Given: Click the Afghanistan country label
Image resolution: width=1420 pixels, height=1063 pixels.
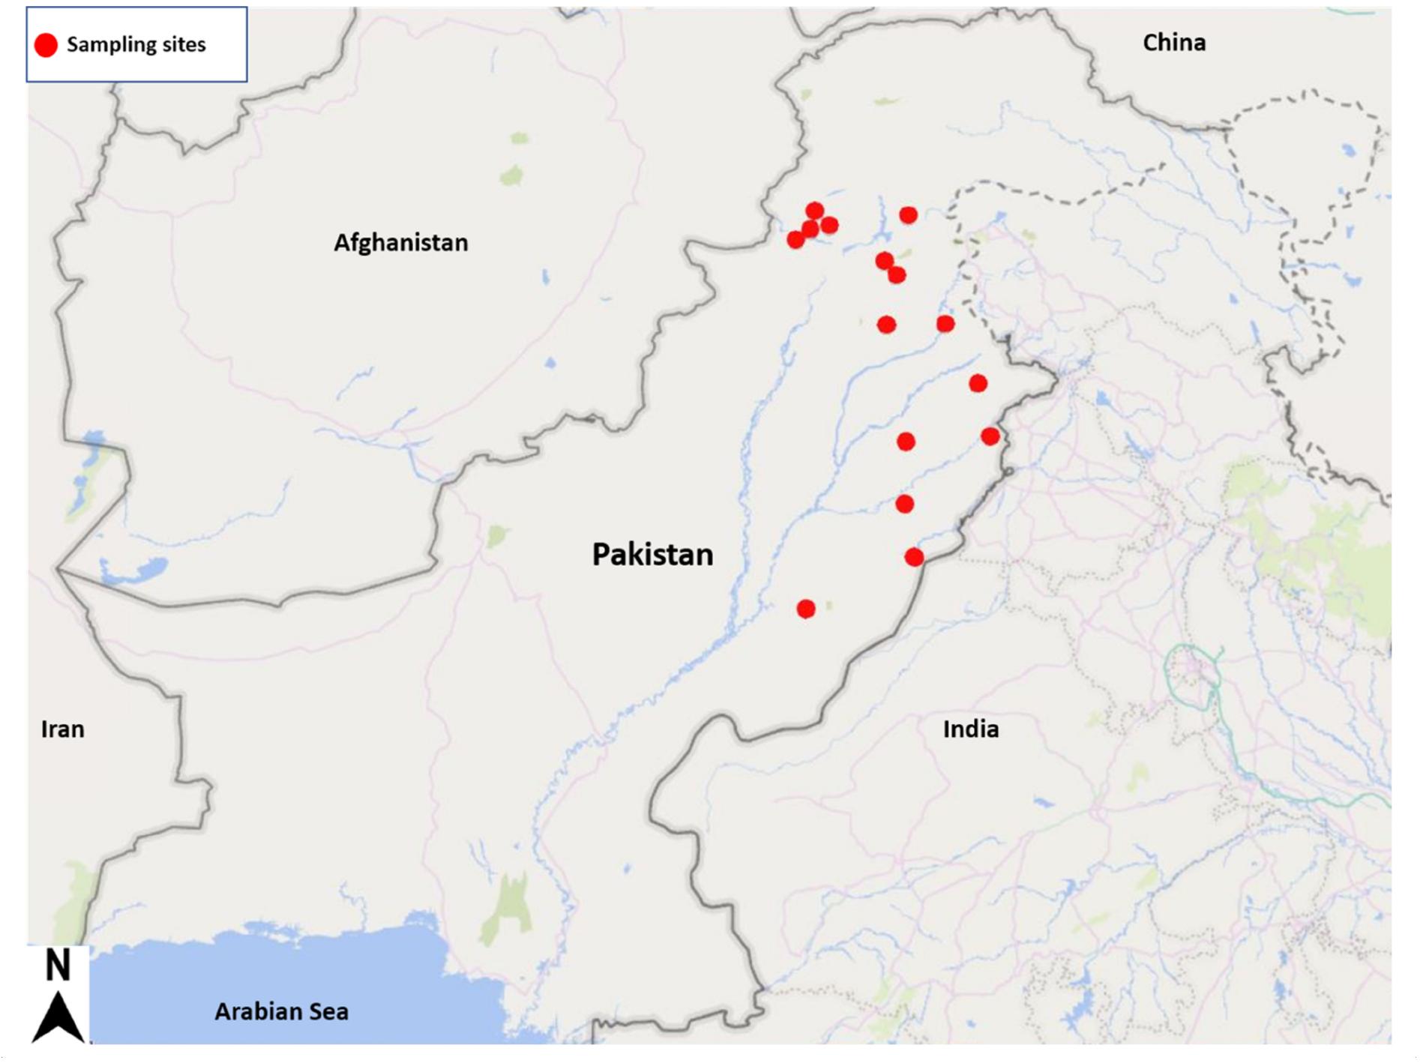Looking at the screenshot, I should click(x=400, y=243).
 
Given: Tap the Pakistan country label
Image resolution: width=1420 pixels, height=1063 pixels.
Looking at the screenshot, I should click(x=652, y=555).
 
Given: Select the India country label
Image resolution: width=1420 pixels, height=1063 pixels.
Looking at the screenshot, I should click(x=970, y=729).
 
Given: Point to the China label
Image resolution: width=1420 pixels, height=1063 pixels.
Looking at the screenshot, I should click(x=1173, y=43).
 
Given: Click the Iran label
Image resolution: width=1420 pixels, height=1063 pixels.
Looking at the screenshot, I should click(x=62, y=729).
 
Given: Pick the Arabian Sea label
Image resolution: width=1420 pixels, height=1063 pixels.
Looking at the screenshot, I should click(x=281, y=1011).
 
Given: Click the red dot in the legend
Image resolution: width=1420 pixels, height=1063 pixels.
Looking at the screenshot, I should click(x=46, y=45).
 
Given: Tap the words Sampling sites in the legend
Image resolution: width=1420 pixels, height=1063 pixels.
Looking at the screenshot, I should click(x=136, y=45).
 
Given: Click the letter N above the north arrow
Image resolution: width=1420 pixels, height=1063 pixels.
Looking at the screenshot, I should click(x=58, y=966).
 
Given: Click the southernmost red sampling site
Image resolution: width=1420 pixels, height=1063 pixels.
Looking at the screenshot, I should click(x=806, y=609).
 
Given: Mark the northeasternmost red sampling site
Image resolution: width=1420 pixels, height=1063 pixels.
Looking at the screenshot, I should click(x=908, y=216).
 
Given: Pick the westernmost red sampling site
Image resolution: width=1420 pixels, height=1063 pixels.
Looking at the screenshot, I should click(x=795, y=240).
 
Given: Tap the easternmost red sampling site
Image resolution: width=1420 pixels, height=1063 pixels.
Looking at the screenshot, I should click(x=990, y=436).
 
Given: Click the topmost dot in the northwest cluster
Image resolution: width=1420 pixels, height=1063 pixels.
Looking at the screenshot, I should click(x=815, y=211).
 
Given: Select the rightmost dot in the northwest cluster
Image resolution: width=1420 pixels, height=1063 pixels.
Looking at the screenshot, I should click(x=829, y=224).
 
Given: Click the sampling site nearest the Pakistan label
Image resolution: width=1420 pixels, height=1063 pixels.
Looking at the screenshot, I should click(x=806, y=609).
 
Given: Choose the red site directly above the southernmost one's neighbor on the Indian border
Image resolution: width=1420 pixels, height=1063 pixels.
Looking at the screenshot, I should click(x=905, y=504).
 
